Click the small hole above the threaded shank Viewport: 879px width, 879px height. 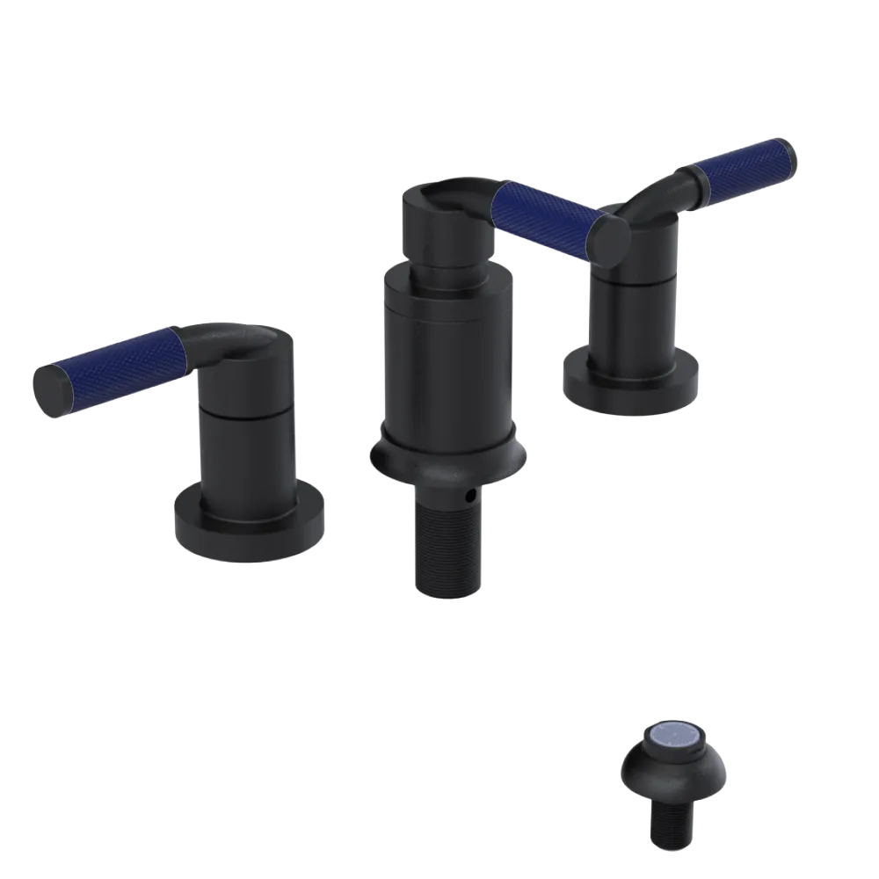click(x=474, y=498)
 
